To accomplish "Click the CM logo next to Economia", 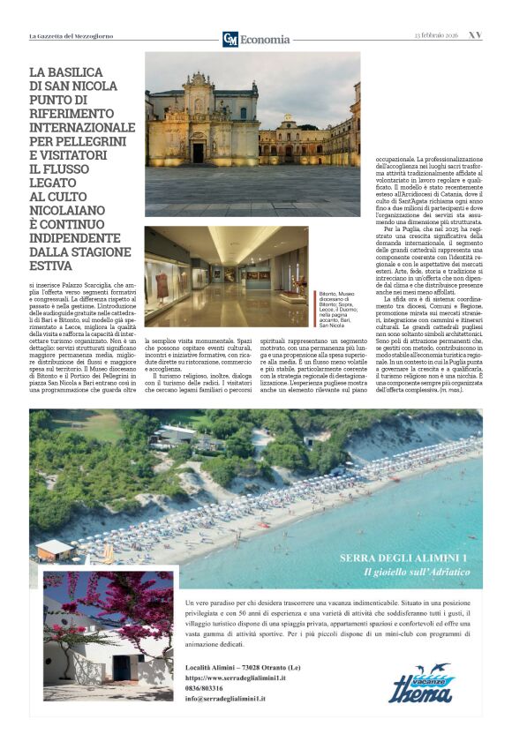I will pyautogui.click(x=230, y=39).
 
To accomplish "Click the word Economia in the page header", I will pyautogui.click(x=265, y=40).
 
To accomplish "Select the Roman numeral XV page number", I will pyautogui.click(x=475, y=36).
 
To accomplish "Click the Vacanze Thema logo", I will pyautogui.click(x=421, y=684).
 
